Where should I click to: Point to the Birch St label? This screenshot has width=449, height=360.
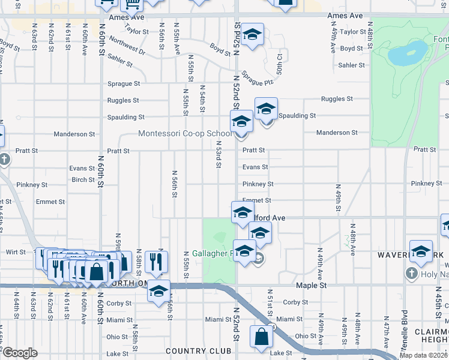[x=83, y=179]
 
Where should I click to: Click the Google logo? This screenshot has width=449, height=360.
[x=19, y=353]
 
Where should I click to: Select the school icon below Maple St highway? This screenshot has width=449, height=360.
[x=158, y=291]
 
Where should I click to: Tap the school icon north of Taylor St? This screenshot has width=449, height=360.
[x=253, y=34]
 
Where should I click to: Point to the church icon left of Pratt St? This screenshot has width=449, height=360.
[x=5, y=160]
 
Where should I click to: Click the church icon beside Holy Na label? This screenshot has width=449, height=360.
[x=411, y=274]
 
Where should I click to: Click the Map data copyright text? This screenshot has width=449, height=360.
[x=423, y=355]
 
